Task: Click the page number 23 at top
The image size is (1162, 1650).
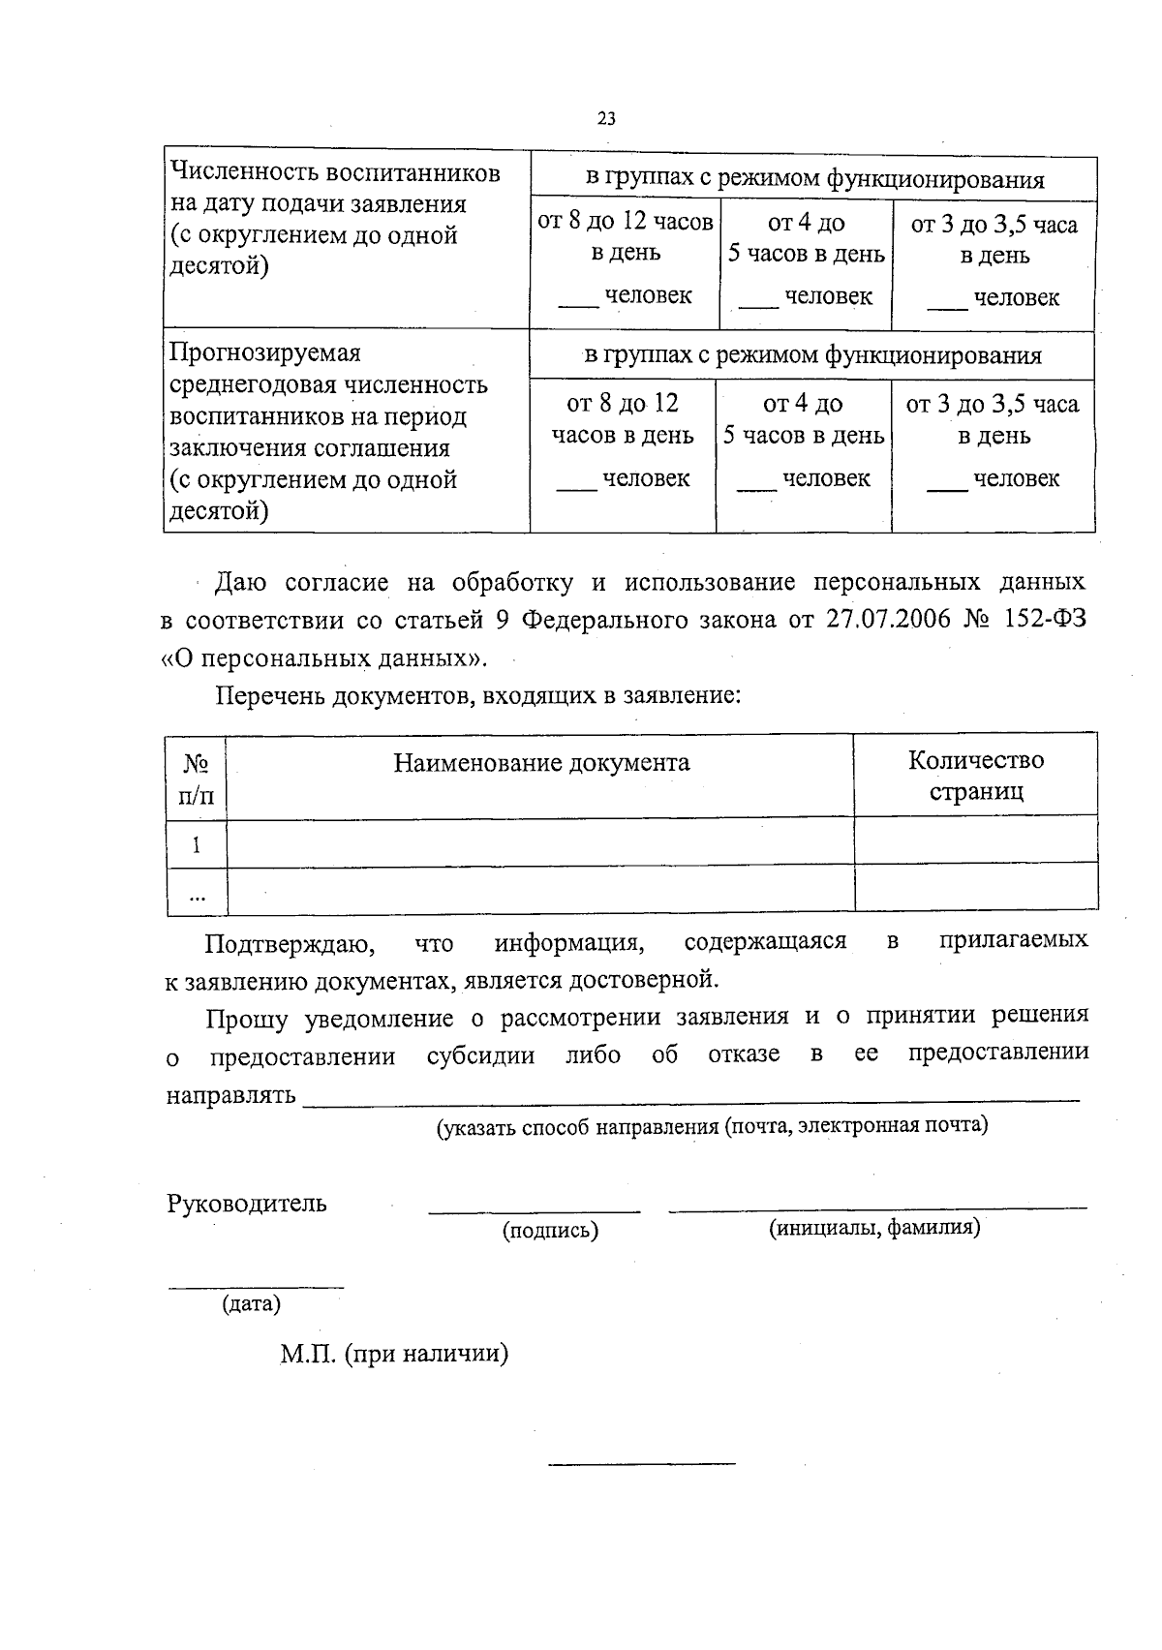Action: click(606, 119)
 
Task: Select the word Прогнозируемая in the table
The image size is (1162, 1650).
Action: click(264, 352)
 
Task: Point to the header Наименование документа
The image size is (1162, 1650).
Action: click(541, 763)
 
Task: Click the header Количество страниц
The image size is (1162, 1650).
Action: click(975, 776)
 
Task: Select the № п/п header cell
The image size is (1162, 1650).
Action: click(197, 779)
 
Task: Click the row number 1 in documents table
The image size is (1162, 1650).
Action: click(197, 844)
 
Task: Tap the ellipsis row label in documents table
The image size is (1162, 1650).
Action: click(197, 896)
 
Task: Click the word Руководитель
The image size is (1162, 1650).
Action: click(247, 1204)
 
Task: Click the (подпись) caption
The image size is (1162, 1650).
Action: click(549, 1231)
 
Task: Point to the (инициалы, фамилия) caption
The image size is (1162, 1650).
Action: click(874, 1229)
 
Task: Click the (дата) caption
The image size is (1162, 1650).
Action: click(251, 1304)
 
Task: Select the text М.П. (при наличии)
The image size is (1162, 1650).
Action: click(394, 1354)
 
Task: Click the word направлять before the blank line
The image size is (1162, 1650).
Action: click(230, 1095)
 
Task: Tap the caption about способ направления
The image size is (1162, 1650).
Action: click(712, 1126)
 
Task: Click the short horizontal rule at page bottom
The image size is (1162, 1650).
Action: click(641, 1463)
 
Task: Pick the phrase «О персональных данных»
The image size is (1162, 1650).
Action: click(323, 658)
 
